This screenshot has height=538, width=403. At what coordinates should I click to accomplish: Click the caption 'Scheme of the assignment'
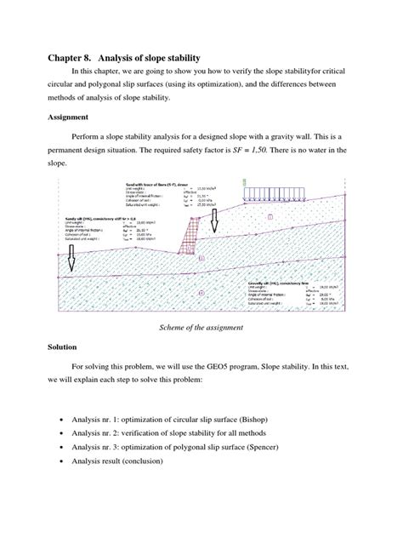201,326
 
